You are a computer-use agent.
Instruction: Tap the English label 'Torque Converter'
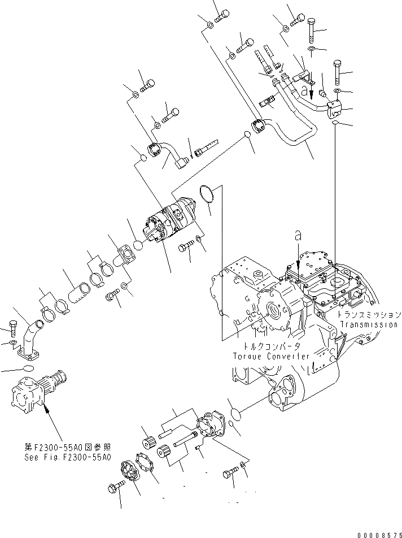pos(271,356)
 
